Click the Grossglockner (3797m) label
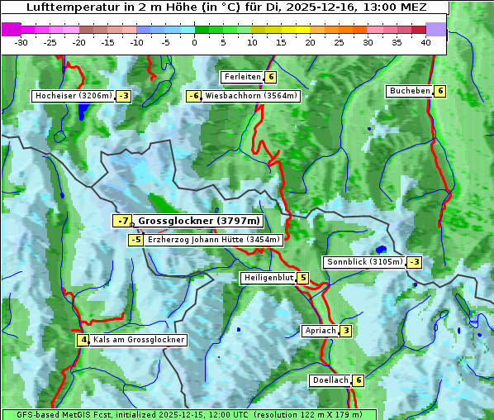click(199, 221)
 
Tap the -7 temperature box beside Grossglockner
click(122, 221)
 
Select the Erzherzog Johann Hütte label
click(214, 240)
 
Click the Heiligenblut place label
click(268, 278)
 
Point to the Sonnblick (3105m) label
click(364, 262)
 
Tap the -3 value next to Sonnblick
click(414, 262)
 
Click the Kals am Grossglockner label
click(138, 340)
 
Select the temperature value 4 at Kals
click(83, 340)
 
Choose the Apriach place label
click(321, 331)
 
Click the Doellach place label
click(330, 380)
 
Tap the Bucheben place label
click(410, 91)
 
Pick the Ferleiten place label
click(242, 77)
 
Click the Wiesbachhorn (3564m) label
click(251, 96)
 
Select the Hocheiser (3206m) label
click(73, 96)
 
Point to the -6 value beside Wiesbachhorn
click(194, 96)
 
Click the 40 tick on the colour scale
click(425, 42)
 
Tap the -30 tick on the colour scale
click(21, 42)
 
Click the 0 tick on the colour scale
click(194, 42)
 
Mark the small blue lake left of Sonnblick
click(380, 249)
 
